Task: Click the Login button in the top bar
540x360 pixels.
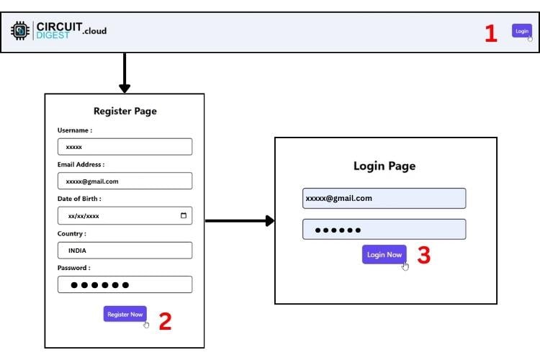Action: (x=522, y=31)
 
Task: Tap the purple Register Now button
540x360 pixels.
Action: (x=125, y=314)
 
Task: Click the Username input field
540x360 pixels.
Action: (x=125, y=147)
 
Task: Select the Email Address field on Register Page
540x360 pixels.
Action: (x=125, y=181)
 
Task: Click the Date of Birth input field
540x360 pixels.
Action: (x=119, y=215)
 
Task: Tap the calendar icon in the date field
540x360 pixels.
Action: (x=184, y=215)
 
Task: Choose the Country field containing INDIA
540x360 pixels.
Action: (x=125, y=251)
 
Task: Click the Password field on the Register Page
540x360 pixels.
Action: (x=125, y=284)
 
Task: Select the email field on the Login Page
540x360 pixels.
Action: (x=384, y=198)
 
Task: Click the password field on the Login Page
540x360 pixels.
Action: (x=384, y=230)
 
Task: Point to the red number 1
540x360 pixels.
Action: (x=491, y=33)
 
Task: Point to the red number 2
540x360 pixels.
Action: (x=165, y=321)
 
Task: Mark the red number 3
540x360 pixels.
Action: (x=424, y=256)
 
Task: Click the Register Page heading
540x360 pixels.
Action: (x=125, y=111)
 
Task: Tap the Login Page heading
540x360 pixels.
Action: (x=384, y=166)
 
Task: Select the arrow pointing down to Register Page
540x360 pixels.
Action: (x=125, y=73)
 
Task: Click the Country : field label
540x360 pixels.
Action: (x=71, y=233)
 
